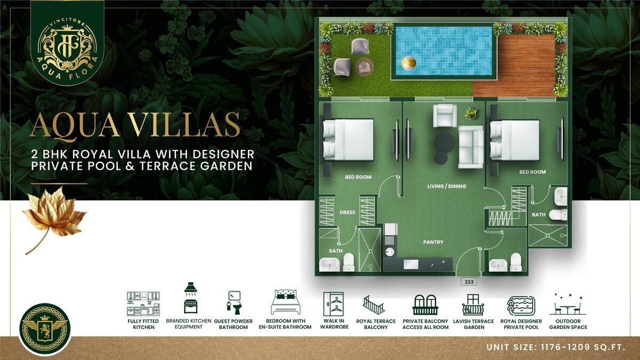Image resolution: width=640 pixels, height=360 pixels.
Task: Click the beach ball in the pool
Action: coord(409,63)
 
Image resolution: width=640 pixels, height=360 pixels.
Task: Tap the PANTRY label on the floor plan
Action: coord(433,242)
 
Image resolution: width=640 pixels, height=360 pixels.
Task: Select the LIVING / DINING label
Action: coord(446,186)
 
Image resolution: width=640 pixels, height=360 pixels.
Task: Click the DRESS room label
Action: coord(347,212)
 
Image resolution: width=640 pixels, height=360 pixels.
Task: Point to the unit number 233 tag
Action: coord(469,282)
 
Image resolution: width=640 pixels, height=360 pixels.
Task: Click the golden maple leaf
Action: coord(54,219)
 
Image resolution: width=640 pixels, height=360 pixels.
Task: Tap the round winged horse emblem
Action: coord(45,329)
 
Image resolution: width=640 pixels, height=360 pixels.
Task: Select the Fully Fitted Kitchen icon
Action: coord(143,303)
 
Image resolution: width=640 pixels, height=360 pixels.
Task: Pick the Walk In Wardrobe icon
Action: coord(333,303)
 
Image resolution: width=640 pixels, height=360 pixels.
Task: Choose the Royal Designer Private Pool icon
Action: coord(521,306)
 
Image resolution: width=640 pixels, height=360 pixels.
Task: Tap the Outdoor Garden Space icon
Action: coord(567,304)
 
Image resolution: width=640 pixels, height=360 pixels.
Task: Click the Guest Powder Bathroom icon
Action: coord(234,303)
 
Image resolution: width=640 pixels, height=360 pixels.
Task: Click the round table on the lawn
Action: coord(364,67)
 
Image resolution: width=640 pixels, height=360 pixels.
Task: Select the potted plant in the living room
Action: coord(470,113)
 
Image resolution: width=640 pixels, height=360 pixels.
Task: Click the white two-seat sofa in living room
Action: coord(471,147)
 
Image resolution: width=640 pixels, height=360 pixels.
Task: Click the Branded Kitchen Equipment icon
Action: coord(190,298)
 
